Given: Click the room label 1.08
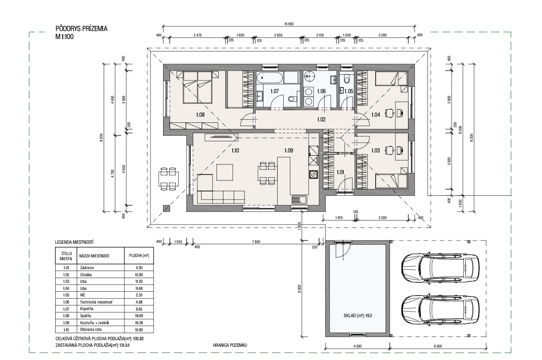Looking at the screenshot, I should [x=200, y=114].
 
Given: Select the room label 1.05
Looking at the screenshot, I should [x=349, y=91].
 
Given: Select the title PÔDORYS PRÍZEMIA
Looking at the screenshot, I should [x=81, y=29].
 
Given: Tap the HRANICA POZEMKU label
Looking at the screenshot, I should [x=230, y=345].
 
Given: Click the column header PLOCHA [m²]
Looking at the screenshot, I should [x=137, y=256].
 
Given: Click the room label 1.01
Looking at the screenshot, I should [x=340, y=172].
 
